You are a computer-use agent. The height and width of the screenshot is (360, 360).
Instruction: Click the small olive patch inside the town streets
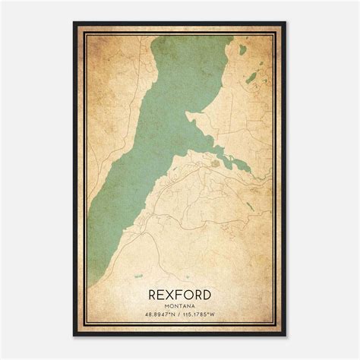click(x=218, y=161)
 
